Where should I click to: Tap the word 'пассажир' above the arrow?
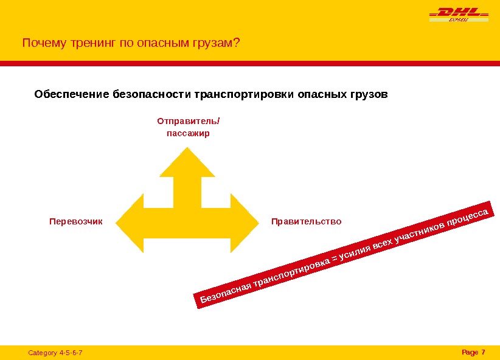point(188,133)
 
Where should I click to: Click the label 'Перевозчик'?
point(76,221)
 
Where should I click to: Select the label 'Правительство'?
point(307,221)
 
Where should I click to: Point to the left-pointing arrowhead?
point(129,223)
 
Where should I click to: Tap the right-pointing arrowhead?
point(245,223)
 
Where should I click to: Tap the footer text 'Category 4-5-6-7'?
point(55,353)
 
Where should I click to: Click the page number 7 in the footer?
point(483,352)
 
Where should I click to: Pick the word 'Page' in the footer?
point(470,352)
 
